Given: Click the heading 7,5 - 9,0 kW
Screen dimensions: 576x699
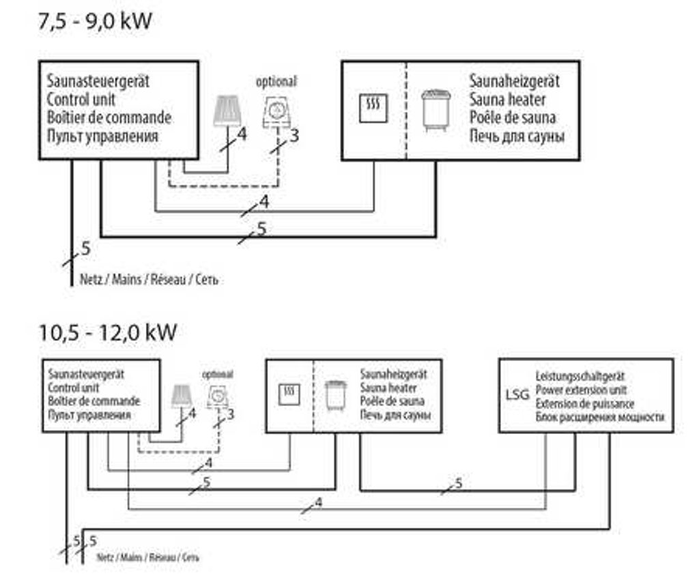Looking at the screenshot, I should point(96,21).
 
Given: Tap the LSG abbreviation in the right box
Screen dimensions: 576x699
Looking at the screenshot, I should point(517,395).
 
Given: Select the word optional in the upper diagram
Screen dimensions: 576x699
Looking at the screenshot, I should point(276,81).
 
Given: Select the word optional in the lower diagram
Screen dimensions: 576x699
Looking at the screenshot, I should point(217,374).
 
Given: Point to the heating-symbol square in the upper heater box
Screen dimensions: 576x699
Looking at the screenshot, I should point(373,108).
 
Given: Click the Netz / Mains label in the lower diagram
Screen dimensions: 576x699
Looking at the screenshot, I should point(147,558).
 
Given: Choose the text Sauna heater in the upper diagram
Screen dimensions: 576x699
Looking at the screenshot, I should point(507,100).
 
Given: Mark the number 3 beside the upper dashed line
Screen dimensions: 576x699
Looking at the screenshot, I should point(294,135).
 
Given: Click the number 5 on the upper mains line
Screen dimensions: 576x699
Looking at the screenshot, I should point(85,249).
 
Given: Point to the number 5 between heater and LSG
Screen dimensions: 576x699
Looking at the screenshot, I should point(459,483).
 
